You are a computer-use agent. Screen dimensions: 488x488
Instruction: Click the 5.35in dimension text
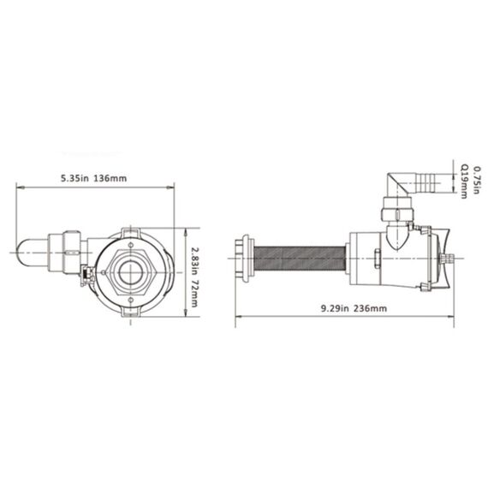75,178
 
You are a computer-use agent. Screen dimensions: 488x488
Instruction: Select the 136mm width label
110,178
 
